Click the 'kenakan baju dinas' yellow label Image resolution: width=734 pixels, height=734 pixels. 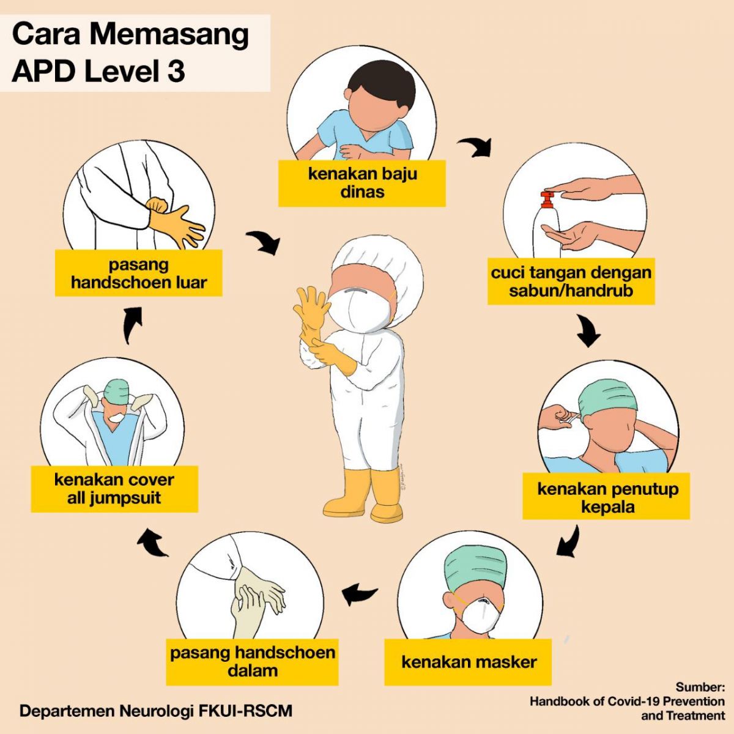(362, 183)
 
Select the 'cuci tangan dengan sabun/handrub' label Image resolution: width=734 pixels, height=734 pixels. (571, 281)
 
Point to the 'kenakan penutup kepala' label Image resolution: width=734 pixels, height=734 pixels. (606, 497)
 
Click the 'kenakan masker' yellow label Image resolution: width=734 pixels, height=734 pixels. (468, 662)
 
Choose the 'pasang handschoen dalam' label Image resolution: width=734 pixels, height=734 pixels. (252, 661)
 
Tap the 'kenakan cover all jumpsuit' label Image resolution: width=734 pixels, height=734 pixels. (114, 489)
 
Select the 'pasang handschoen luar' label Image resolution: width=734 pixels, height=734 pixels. (139, 273)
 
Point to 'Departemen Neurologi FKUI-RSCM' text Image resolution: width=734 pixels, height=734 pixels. (156, 711)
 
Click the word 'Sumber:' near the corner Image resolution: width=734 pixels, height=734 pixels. (700, 687)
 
